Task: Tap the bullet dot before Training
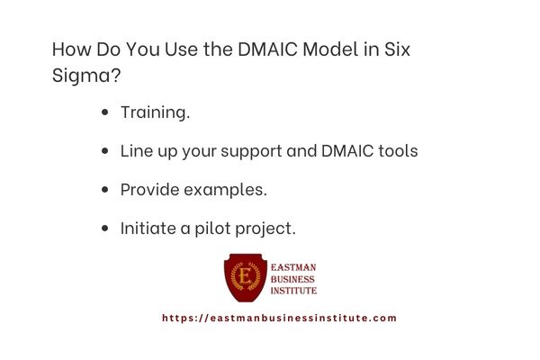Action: pyautogui.click(x=106, y=113)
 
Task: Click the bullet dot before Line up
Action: pyautogui.click(x=106, y=152)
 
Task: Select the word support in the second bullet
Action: pyautogui.click(x=253, y=151)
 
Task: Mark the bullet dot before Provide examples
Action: pyautogui.click(x=106, y=191)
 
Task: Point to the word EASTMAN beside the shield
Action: pyautogui.click(x=293, y=267)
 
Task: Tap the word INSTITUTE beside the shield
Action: pyautogui.click(x=294, y=291)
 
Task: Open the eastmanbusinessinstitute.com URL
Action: pyautogui.click(x=279, y=318)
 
